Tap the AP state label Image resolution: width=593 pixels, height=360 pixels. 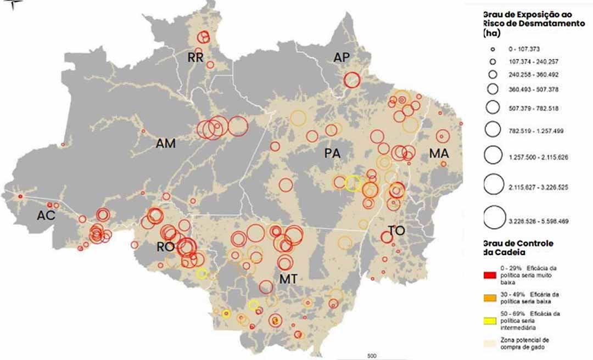coord(342,58)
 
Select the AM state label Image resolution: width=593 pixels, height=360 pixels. coord(166,144)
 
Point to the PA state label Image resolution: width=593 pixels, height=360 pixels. coord(332,154)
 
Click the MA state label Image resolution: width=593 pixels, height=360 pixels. coord(439,154)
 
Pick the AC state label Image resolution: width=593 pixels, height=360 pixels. coord(46,216)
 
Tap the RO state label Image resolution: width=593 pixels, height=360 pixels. coord(165,247)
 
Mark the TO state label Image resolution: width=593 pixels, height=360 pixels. coord(396,231)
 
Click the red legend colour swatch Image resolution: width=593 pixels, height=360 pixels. coord(490,272)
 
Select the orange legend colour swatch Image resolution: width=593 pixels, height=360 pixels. coord(490,297)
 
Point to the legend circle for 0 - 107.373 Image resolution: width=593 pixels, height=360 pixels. coord(493,49)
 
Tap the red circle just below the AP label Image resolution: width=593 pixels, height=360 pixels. coord(352,80)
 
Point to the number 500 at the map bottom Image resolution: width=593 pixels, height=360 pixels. coord(371,356)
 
